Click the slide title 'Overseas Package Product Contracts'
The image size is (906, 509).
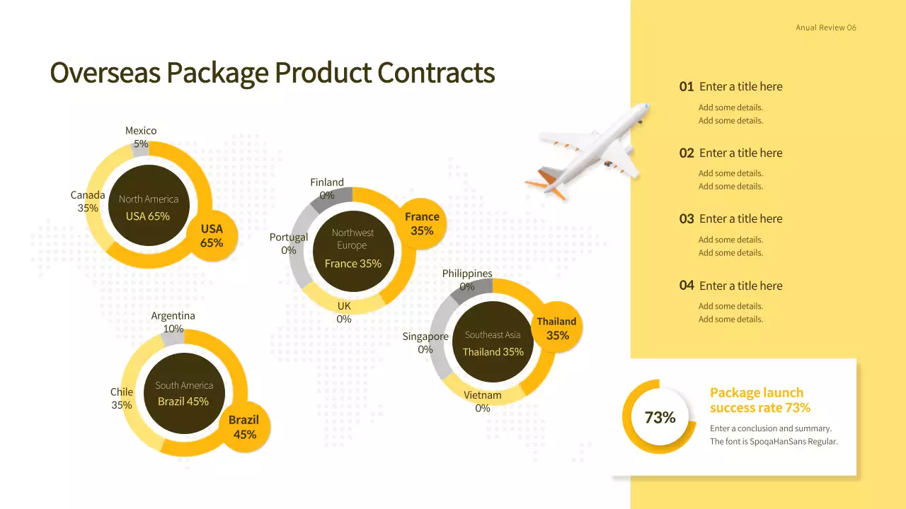pos(272,73)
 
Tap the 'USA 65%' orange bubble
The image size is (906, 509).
pos(212,235)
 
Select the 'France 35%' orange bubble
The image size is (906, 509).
pos(422,223)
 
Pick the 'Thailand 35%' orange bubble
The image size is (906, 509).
pos(556,329)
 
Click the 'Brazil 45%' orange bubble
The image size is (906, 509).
pos(244,427)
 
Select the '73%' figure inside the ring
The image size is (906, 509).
pos(660,418)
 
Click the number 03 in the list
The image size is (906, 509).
pos(687,219)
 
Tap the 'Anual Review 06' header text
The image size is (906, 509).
pos(826,28)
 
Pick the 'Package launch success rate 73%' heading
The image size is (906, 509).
pos(759,400)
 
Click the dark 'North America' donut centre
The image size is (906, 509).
pos(148,206)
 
